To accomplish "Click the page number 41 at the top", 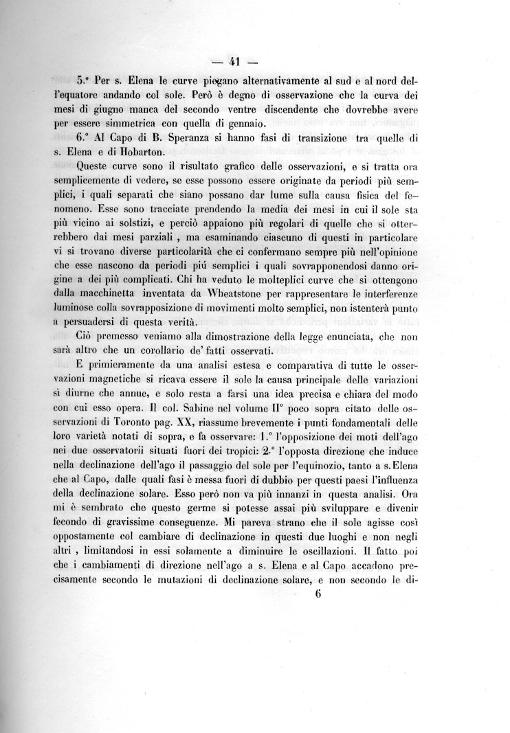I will tap(234, 63).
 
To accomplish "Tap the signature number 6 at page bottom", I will tap(318, 595).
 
